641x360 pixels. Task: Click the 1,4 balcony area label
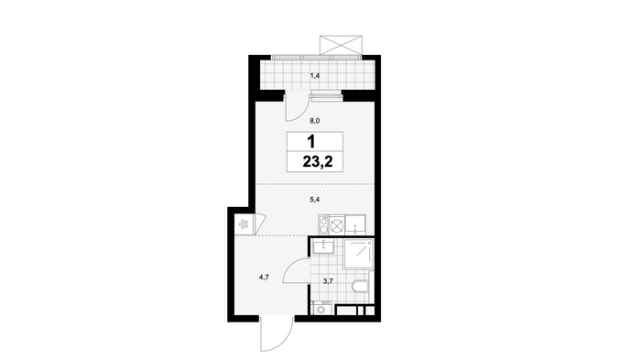[315, 75]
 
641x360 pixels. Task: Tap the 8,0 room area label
[315, 121]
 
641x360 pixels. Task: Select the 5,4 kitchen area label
[315, 200]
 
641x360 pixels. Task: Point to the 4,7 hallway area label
[264, 278]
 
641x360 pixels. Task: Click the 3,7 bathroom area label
[328, 281]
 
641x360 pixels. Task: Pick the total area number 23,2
[318, 162]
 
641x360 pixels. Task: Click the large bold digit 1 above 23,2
[311, 142]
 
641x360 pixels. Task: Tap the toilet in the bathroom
[360, 287]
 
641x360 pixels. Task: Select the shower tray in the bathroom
[359, 254]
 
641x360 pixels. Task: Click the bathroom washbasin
[323, 247]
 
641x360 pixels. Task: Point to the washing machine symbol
[321, 309]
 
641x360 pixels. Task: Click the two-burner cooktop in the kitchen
[324, 225]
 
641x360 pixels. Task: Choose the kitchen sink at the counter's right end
[355, 225]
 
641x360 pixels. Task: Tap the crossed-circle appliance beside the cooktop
[337, 225]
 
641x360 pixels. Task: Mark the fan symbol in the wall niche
[244, 224]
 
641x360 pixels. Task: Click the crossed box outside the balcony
[341, 45]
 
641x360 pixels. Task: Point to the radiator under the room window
[326, 97]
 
